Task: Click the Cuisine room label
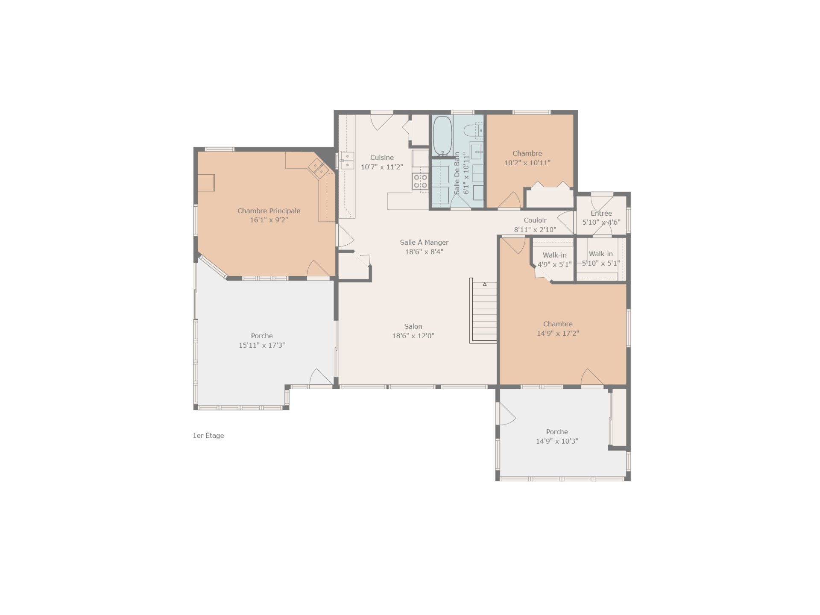pyautogui.click(x=382, y=158)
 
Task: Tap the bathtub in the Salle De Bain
pyautogui.click(x=442, y=135)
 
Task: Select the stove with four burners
pyautogui.click(x=420, y=181)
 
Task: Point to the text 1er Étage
pyautogui.click(x=208, y=436)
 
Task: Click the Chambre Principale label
pyautogui.click(x=269, y=211)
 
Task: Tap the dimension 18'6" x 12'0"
pyautogui.click(x=413, y=336)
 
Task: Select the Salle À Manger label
pyautogui.click(x=424, y=242)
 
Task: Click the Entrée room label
pyautogui.click(x=601, y=213)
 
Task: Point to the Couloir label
pyautogui.click(x=535, y=220)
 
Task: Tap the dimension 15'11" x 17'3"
pyautogui.click(x=262, y=345)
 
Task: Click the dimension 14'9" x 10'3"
pyautogui.click(x=557, y=441)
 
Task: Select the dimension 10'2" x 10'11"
pyautogui.click(x=527, y=163)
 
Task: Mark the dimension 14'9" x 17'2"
pyautogui.click(x=558, y=333)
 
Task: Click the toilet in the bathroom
pyautogui.click(x=474, y=130)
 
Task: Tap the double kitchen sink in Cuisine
pyautogui.click(x=347, y=160)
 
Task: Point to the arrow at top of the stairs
pyautogui.click(x=485, y=284)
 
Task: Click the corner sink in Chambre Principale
pyautogui.click(x=318, y=168)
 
